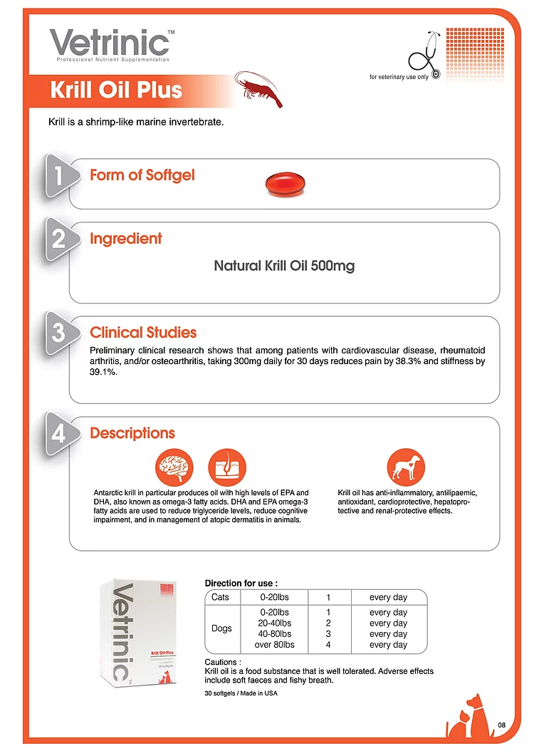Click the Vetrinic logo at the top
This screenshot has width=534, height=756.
click(110, 44)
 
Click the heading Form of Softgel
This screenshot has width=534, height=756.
click(142, 175)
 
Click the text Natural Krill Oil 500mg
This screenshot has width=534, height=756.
click(284, 266)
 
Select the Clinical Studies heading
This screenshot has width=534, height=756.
click(143, 333)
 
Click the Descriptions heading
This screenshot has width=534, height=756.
click(132, 433)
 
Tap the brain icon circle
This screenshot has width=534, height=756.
click(174, 468)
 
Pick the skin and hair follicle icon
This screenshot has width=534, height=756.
click(226, 468)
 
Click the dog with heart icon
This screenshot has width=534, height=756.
click(407, 468)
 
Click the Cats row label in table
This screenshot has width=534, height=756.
click(220, 596)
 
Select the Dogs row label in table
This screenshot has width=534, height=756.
click(222, 628)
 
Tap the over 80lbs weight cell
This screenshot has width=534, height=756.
click(274, 645)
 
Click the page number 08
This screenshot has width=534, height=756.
click(502, 725)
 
